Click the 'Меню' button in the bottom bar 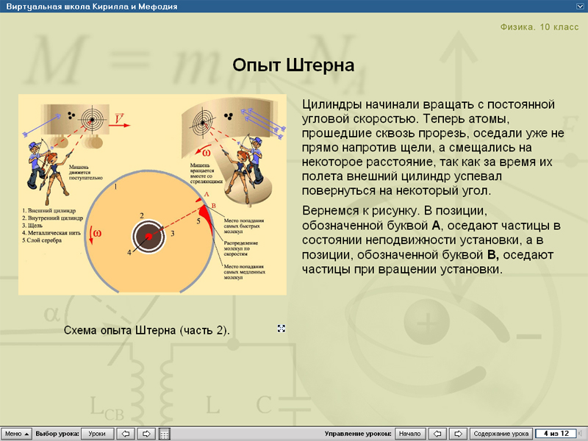(x=16, y=434)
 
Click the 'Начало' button (x=410, y=434)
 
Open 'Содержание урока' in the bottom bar (x=501, y=434)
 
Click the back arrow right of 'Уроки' (x=125, y=434)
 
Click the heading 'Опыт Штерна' (x=293, y=65)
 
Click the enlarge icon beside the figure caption (x=281, y=329)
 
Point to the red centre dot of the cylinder (x=148, y=236)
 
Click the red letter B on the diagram (x=212, y=204)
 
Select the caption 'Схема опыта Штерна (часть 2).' (x=147, y=330)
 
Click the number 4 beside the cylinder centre (x=129, y=252)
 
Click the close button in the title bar (x=580, y=5)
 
